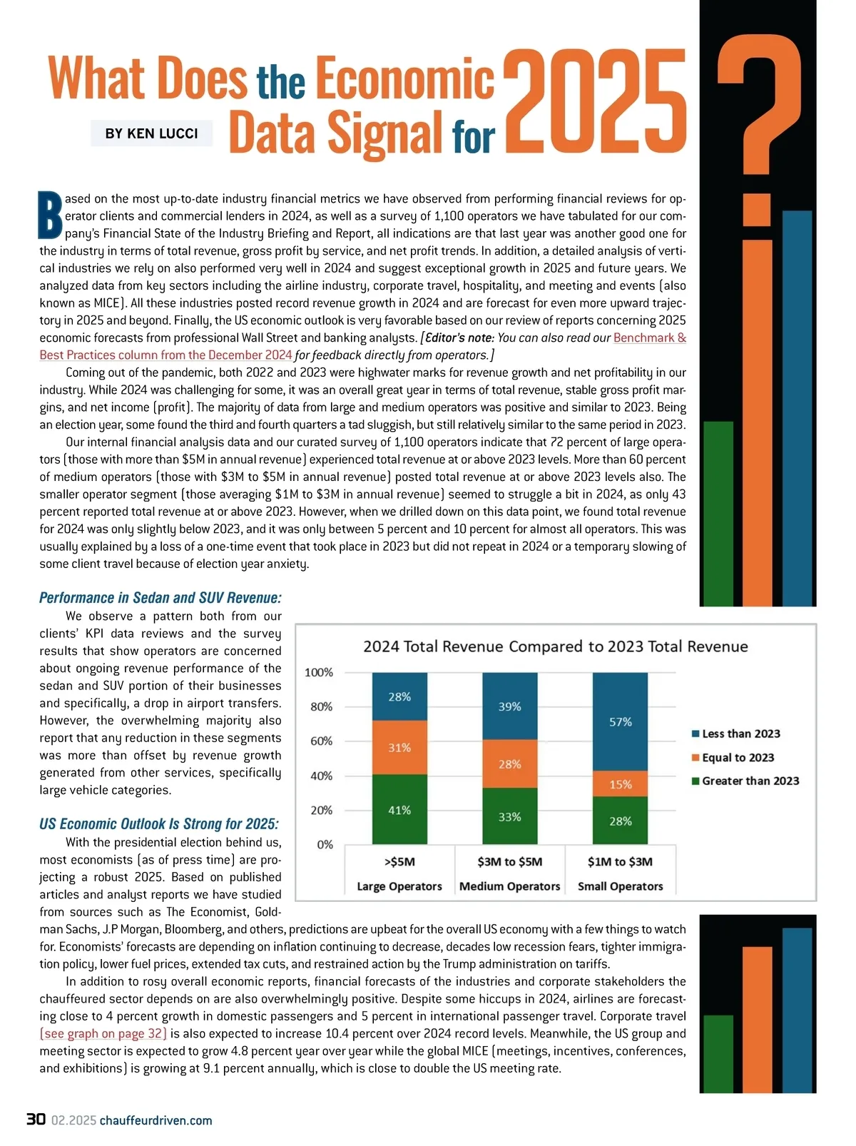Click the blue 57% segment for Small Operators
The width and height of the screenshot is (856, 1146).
(x=620, y=721)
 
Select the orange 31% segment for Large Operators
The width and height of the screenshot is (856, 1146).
(x=399, y=747)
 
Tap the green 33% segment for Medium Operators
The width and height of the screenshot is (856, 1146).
(x=509, y=816)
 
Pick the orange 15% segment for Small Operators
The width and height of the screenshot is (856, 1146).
(x=620, y=784)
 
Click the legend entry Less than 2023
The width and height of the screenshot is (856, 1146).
(x=740, y=734)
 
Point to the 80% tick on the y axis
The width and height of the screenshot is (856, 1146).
(x=319, y=706)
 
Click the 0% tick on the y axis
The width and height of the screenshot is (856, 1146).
(x=324, y=844)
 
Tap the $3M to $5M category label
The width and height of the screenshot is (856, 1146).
(x=509, y=861)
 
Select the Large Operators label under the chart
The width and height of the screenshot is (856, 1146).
(x=399, y=886)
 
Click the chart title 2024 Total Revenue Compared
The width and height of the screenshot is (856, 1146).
(x=555, y=646)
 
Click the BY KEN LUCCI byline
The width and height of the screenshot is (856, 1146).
(x=151, y=133)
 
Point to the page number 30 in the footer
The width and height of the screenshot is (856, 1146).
(x=36, y=1120)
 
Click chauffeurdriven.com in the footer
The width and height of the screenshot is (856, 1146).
(x=156, y=1120)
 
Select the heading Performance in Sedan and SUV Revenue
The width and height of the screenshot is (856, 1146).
(x=160, y=597)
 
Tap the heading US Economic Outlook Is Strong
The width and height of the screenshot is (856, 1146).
(x=159, y=824)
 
